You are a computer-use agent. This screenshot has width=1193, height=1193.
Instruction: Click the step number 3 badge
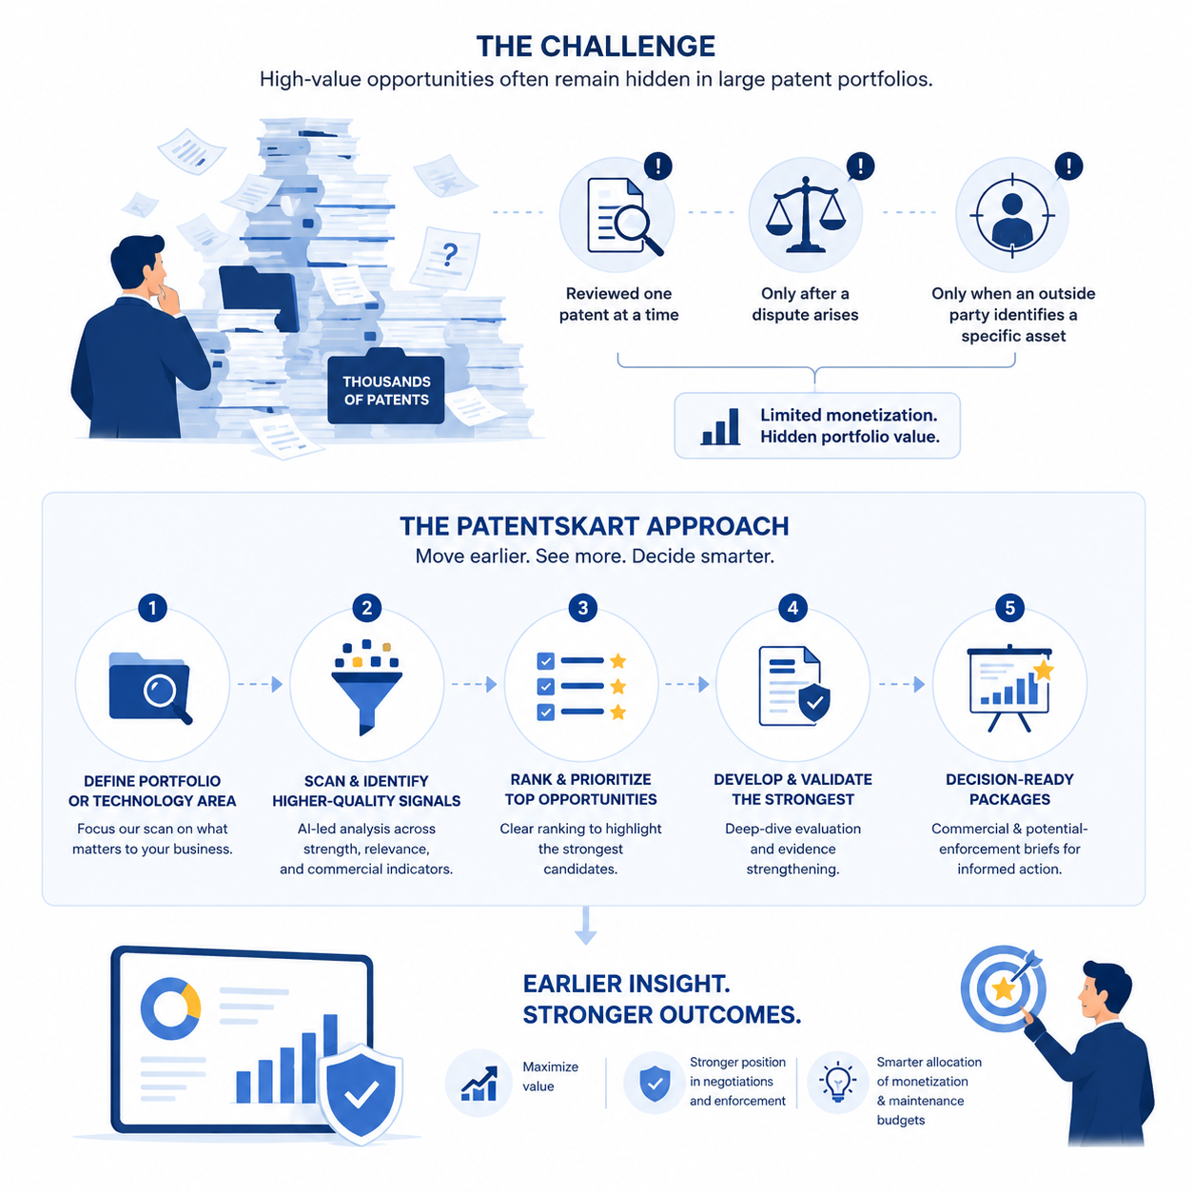[x=582, y=607]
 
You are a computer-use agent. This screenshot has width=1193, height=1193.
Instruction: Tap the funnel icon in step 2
[x=366, y=687]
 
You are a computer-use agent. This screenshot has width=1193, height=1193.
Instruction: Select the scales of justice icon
[x=805, y=214]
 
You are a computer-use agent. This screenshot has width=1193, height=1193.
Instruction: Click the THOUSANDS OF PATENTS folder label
[x=385, y=390]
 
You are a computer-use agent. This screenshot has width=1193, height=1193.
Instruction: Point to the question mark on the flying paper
[x=450, y=253]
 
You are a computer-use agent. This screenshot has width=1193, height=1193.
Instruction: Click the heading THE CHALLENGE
[x=596, y=47]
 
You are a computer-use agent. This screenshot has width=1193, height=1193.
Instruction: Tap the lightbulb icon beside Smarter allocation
[x=837, y=1082]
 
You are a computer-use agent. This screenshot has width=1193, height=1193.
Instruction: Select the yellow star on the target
[x=1003, y=988]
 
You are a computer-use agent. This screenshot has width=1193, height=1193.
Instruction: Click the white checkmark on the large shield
[x=362, y=1095]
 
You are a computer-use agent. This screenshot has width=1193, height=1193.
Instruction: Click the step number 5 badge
[x=1009, y=607]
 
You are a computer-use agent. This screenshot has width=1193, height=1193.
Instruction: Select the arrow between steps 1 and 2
[x=260, y=684]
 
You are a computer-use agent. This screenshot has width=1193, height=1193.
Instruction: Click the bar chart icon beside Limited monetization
[x=720, y=426]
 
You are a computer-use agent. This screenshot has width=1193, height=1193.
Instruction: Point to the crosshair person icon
[x=1011, y=215]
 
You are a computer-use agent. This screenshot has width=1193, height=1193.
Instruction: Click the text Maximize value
[x=550, y=1076]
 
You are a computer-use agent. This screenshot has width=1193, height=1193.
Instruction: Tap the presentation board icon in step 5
[x=1009, y=688]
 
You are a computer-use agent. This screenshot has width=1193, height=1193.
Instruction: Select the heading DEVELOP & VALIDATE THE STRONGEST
[x=792, y=789]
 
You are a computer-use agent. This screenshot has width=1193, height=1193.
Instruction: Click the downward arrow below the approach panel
[x=585, y=926]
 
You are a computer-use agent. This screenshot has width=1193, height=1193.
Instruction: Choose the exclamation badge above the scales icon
[x=860, y=166]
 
